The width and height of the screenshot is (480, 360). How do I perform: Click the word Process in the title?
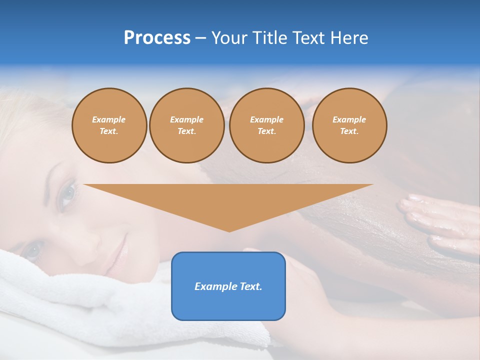click(157, 38)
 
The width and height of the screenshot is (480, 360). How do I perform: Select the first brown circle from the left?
click(109, 125)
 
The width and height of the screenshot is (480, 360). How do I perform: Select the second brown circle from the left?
click(186, 125)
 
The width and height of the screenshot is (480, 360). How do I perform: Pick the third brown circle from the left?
click(266, 125)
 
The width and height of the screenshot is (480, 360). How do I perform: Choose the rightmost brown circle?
click(349, 125)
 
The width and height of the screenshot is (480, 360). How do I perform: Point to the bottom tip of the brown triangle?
click(229, 230)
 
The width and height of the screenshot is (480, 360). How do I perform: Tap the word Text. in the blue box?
click(251, 286)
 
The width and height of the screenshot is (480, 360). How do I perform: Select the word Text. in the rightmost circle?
click(349, 131)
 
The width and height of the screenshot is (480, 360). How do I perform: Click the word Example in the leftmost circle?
click(109, 119)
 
